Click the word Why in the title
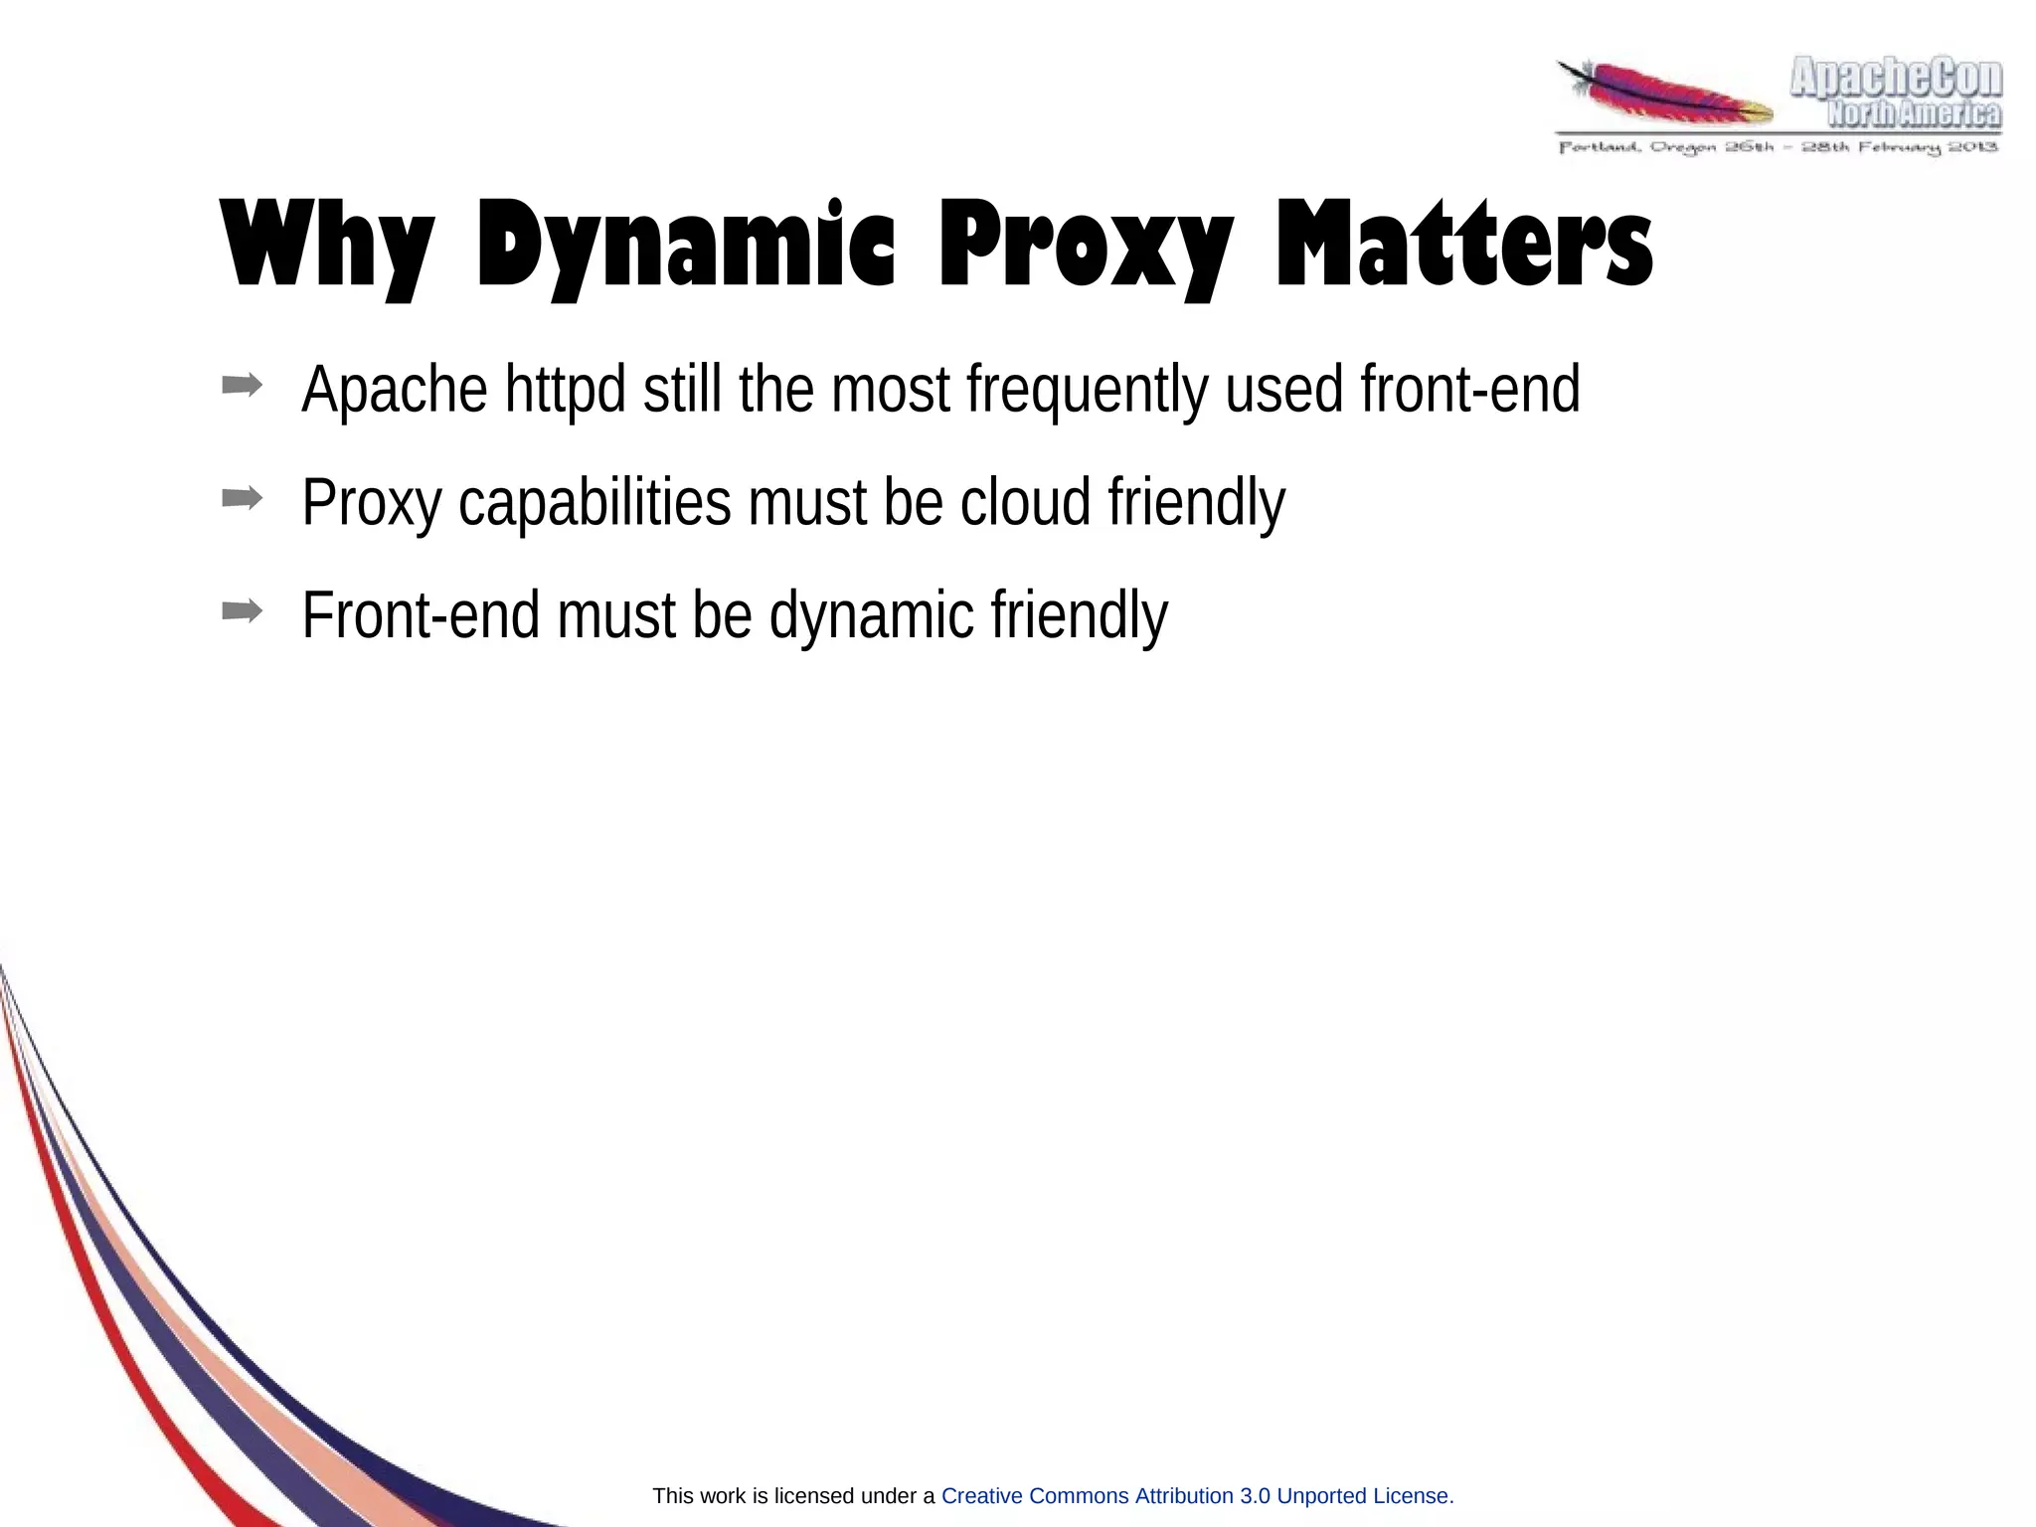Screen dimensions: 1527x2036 (327, 245)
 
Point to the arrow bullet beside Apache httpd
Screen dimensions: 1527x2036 (243, 385)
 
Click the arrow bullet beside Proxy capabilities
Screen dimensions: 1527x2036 (243, 498)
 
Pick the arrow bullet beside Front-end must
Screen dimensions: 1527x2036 (243, 611)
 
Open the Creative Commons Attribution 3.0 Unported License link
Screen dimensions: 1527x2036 (1197, 1495)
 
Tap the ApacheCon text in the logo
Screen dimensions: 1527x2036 (1896, 79)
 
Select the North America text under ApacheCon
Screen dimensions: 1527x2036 (1914, 115)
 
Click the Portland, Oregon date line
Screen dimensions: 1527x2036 (1778, 147)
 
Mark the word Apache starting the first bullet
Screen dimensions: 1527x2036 (395, 391)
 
